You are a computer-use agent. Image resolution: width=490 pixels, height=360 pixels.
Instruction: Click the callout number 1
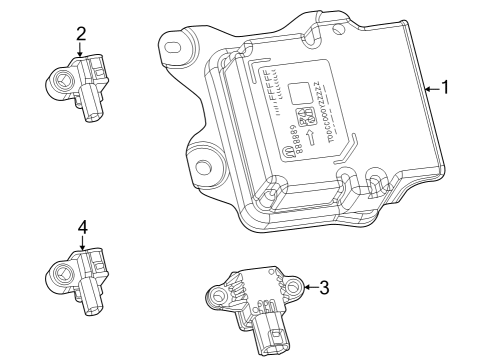[445, 88]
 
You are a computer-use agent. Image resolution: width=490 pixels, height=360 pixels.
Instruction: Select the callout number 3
[323, 288]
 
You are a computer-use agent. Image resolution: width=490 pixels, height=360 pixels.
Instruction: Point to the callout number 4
[82, 228]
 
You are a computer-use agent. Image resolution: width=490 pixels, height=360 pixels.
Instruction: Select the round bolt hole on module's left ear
[206, 167]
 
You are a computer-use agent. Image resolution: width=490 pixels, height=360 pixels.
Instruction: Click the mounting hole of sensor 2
[62, 78]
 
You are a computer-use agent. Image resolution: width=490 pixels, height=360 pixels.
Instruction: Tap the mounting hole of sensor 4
[63, 272]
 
